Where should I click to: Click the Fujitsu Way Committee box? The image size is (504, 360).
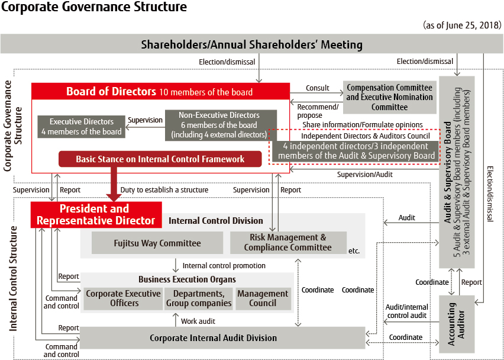point(157,243)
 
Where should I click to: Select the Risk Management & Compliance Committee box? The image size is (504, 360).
point(288,243)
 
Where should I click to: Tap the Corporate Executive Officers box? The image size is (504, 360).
point(124,298)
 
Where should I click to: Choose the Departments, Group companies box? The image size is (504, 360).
point(199,298)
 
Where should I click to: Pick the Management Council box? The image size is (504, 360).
point(263,298)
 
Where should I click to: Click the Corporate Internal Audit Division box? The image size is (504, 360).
point(222,338)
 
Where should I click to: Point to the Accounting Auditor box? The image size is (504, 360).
point(457,324)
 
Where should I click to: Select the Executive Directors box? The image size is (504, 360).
point(81,127)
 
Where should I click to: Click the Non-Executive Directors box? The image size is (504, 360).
point(221,125)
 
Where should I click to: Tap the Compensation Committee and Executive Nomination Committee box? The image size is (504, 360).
point(390,98)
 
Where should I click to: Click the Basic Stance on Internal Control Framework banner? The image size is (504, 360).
point(160,159)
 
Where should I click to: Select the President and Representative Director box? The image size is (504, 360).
point(96,215)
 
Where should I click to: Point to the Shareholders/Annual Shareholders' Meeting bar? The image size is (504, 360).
point(251,44)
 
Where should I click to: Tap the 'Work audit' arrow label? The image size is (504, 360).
point(198,321)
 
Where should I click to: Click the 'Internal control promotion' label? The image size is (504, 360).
point(224,266)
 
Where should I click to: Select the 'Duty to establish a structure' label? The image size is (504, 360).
point(164,190)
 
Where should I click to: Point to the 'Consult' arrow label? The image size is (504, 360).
point(318,88)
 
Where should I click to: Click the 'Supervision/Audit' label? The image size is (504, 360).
point(365,174)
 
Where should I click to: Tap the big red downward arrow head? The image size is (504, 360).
point(114,197)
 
